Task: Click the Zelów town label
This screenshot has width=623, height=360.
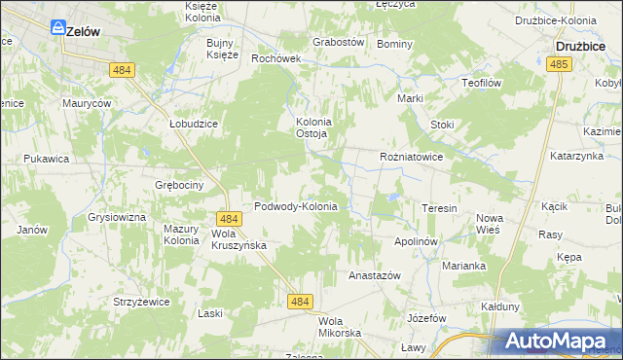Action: (83, 31)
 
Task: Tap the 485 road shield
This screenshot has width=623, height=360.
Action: (558, 63)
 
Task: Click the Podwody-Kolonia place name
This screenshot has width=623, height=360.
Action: (295, 206)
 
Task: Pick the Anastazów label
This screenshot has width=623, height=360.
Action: (375, 275)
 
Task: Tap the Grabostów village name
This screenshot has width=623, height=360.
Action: (338, 43)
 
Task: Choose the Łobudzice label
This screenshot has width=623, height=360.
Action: (193, 125)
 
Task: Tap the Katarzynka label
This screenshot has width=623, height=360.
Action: (577, 155)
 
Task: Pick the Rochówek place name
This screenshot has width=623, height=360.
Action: (276, 58)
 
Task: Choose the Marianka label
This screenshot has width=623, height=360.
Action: (463, 265)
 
